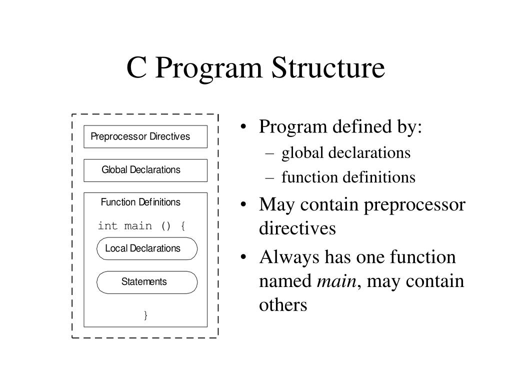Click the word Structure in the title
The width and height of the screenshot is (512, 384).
pyautogui.click(x=328, y=68)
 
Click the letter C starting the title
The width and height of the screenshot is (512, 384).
pyautogui.click(x=136, y=68)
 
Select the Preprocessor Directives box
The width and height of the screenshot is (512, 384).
pyautogui.click(x=145, y=136)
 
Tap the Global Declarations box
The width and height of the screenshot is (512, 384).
pyautogui.click(x=145, y=170)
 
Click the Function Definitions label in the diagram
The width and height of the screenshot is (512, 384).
pyautogui.click(x=140, y=202)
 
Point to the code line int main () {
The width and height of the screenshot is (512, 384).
pyautogui.click(x=142, y=226)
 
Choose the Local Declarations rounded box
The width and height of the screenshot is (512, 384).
pyautogui.click(x=147, y=248)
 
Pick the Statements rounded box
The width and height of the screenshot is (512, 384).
pyautogui.click(x=147, y=282)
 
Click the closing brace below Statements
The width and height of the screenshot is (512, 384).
pyautogui.click(x=145, y=315)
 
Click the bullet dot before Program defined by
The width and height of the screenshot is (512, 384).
pyautogui.click(x=243, y=127)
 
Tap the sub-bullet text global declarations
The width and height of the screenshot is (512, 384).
pyautogui.click(x=346, y=153)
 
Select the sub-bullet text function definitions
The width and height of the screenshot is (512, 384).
pyautogui.click(x=348, y=177)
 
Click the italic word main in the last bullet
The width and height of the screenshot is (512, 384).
pyautogui.click(x=336, y=281)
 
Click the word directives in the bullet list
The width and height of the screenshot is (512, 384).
pyautogui.click(x=297, y=229)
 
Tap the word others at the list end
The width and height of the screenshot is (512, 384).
pyautogui.click(x=283, y=305)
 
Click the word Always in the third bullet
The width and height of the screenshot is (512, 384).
pyautogui.click(x=289, y=257)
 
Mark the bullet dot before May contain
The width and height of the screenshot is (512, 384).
pyautogui.click(x=243, y=205)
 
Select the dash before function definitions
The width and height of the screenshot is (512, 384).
pyautogui.click(x=270, y=177)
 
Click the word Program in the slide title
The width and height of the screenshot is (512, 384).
pyautogui.click(x=210, y=68)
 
